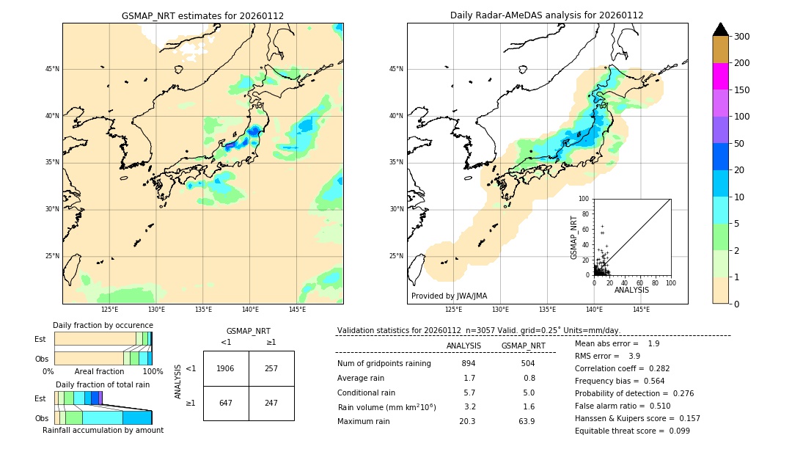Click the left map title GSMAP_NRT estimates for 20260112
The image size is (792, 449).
pyautogui.click(x=202, y=15)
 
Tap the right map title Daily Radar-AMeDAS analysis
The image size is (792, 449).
pyautogui.click(x=546, y=15)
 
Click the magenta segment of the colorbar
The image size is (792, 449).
pyautogui.click(x=721, y=76)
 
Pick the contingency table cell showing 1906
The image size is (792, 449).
pyautogui.click(x=226, y=368)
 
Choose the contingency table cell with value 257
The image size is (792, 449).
pyautogui.click(x=271, y=368)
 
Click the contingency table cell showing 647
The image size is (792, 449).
pyautogui.click(x=226, y=403)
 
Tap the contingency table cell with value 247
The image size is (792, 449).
pyautogui.click(x=271, y=403)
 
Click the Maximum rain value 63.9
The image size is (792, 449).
pyautogui.click(x=526, y=421)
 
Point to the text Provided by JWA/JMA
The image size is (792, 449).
pyautogui.click(x=449, y=296)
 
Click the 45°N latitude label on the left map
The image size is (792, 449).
pyautogui.click(x=51, y=69)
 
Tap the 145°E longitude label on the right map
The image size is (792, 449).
pyautogui.click(x=641, y=310)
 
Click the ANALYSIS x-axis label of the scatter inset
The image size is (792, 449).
pyautogui.click(x=631, y=290)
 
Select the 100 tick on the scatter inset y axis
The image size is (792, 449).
pyautogui.click(x=584, y=199)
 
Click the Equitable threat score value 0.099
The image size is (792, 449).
pyautogui.click(x=674, y=431)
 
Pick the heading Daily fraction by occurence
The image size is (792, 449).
pyautogui.click(x=103, y=325)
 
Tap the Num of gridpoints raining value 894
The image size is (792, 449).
pyautogui.click(x=469, y=363)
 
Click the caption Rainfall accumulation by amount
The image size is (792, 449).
pyautogui.click(x=103, y=430)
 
